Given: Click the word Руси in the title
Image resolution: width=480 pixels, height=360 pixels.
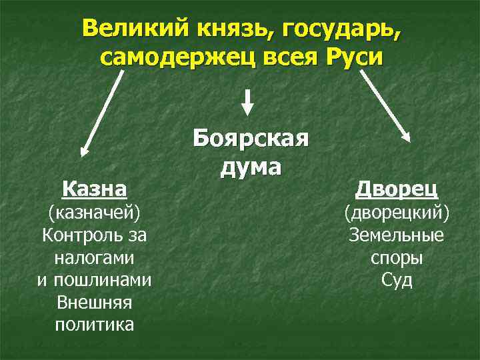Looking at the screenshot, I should pos(356,58).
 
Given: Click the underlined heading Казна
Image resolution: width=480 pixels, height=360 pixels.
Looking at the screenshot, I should pos(94,189).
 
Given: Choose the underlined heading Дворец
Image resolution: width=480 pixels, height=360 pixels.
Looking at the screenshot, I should pos(397,189).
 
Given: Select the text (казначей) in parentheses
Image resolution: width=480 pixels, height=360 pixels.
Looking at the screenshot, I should pos(94,213).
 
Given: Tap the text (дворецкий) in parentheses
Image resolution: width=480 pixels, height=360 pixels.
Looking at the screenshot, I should pos(397,213).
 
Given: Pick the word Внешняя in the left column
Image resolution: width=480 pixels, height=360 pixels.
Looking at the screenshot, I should pos(94,302).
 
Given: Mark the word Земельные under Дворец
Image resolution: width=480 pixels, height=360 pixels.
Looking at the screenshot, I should pos(397,235).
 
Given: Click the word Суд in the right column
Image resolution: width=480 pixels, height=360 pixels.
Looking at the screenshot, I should pos(397,280).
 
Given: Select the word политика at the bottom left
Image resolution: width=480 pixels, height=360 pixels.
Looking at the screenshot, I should pos(94,325).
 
